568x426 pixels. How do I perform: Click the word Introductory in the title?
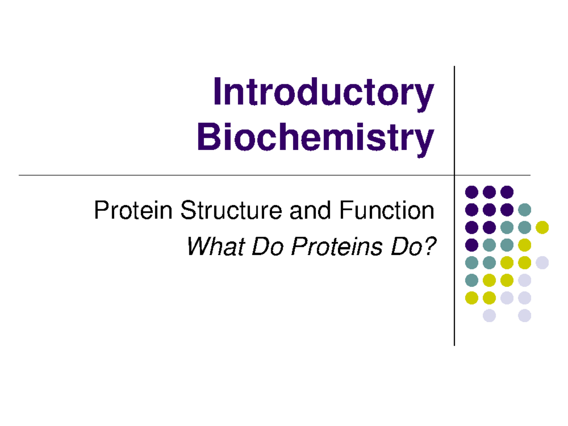323,94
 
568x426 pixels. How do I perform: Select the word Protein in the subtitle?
133,210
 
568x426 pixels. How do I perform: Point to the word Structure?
231,210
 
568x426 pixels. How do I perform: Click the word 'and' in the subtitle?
310,210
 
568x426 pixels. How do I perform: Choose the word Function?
387,210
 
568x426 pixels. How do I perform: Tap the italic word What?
215,246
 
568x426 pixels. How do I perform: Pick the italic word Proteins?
337,246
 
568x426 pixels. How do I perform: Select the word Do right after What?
267,246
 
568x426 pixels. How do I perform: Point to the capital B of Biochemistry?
209,136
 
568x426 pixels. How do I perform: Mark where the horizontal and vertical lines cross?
454,175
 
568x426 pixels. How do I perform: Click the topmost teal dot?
524,210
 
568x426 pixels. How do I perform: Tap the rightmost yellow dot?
542,227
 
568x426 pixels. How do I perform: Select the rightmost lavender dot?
542,263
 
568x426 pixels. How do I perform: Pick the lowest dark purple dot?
471,245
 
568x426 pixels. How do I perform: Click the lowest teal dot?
471,280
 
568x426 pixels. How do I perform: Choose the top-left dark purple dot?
471,192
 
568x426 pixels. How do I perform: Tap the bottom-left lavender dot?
489,315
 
